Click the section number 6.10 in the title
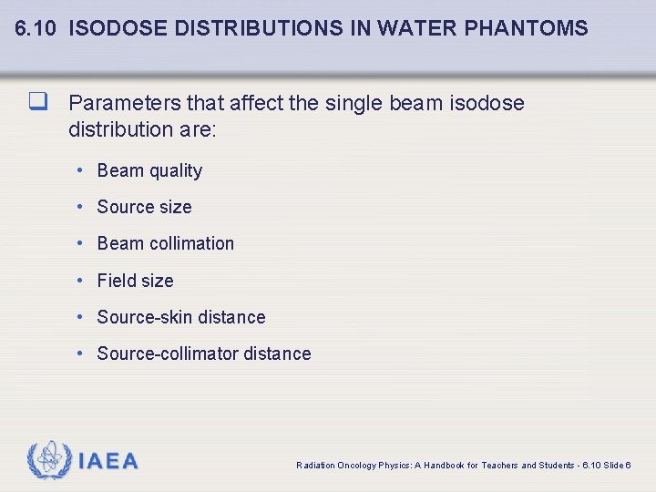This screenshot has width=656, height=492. point(36,28)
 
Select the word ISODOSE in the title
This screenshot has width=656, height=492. point(118,28)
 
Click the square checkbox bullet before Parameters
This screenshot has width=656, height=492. point(37,102)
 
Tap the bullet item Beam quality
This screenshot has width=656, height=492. point(149,170)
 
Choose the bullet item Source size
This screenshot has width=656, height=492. point(144,207)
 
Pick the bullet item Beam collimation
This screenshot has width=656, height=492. point(165,243)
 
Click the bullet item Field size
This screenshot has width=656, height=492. point(135,281)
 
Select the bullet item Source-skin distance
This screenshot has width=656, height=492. point(181,317)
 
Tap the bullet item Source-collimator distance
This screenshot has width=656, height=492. point(204,354)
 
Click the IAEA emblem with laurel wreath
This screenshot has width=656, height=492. point(50,460)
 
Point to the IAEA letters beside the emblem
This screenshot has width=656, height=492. point(108,462)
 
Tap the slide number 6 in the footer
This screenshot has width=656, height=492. point(629,465)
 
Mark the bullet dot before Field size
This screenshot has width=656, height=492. point(81,281)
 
